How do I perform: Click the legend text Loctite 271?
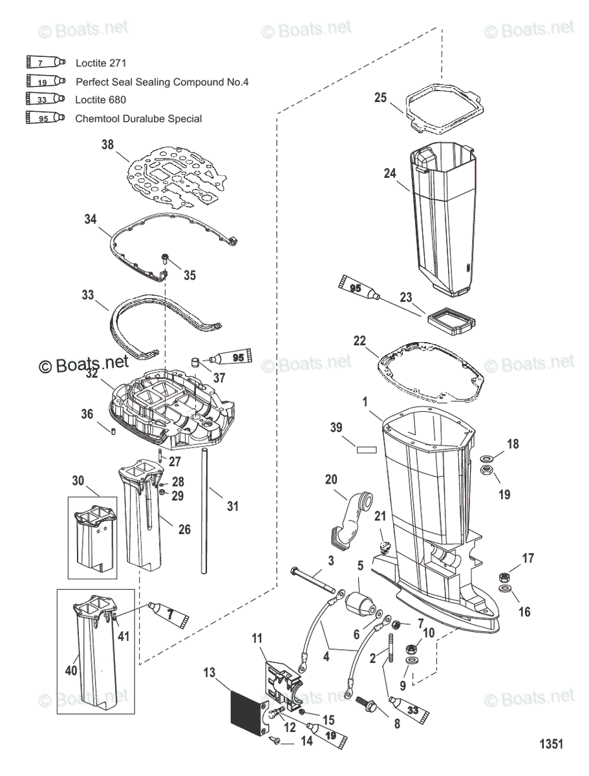tap(100, 63)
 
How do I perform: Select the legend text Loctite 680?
tap(100, 100)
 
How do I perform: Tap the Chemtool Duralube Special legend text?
tap(138, 118)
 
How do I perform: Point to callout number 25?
tap(381, 98)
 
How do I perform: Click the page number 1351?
tap(551, 744)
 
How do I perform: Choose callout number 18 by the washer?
tap(513, 444)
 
